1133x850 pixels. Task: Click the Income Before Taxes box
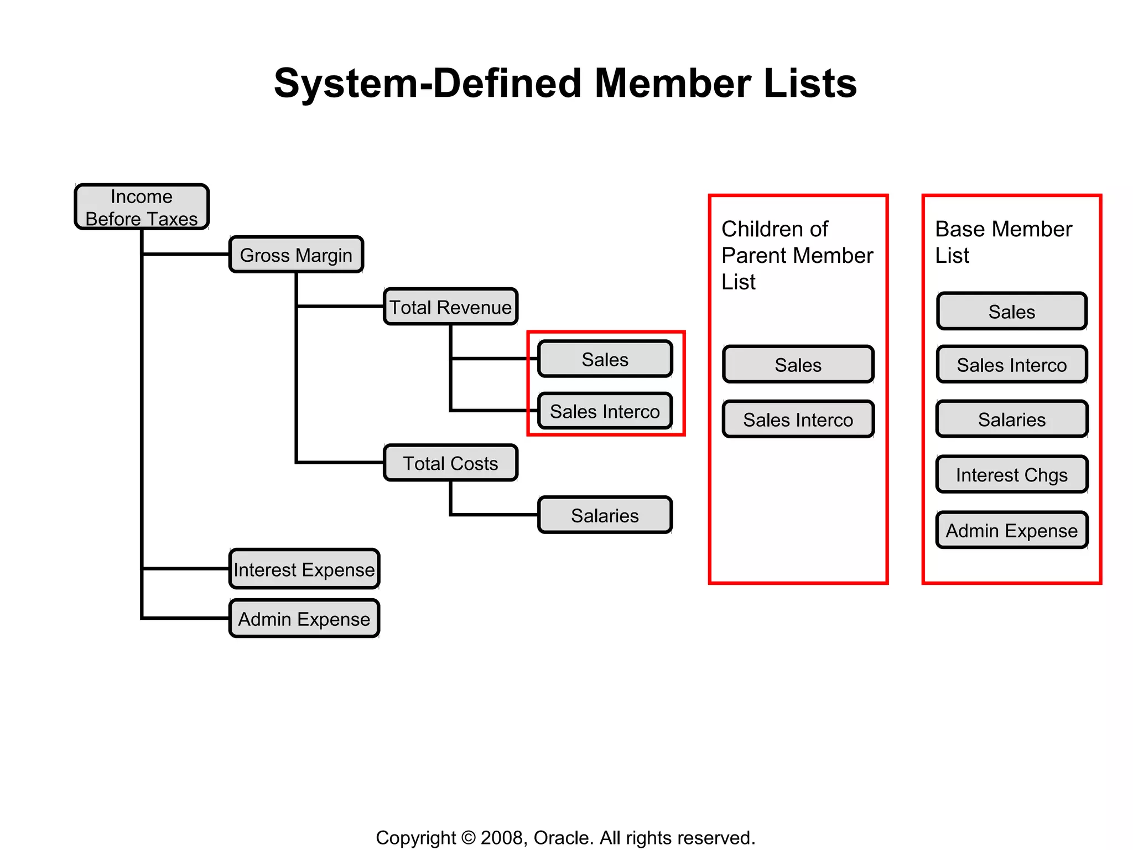tap(142, 207)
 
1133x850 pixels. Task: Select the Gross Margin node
tap(296, 255)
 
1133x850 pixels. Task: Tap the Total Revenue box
tap(450, 307)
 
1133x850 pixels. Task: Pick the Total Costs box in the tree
tap(450, 463)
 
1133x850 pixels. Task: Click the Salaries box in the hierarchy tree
tap(605, 515)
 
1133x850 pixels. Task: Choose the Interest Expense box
tap(304, 569)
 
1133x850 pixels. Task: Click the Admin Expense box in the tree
tap(304, 619)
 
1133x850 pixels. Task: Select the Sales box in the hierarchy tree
tap(605, 359)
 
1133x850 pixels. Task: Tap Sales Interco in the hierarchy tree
tap(605, 411)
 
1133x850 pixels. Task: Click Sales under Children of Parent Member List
tap(798, 365)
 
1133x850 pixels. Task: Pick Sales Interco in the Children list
tap(798, 419)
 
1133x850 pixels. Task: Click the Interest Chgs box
tap(1011, 475)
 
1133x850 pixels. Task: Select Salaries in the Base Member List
tap(1011, 419)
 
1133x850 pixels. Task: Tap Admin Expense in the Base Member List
tap(1011, 530)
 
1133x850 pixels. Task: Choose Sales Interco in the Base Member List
tap(1011, 365)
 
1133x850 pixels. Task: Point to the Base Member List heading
tap(1002, 242)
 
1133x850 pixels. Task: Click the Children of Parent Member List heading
tap(797, 255)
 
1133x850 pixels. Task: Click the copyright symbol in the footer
tap(468, 838)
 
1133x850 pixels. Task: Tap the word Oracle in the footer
tap(563, 838)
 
